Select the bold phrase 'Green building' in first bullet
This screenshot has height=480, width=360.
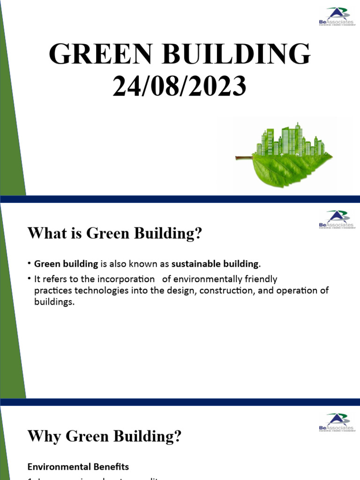click(66, 264)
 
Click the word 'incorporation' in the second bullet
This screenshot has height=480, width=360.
click(128, 279)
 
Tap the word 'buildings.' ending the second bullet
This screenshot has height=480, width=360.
click(54, 302)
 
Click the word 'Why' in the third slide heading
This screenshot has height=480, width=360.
click(45, 436)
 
